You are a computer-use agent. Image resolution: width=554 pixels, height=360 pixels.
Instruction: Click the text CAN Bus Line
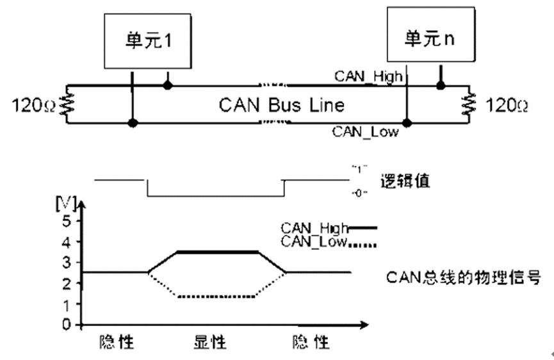coord(282,104)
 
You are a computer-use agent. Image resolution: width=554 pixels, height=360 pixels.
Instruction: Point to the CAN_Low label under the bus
coord(365,132)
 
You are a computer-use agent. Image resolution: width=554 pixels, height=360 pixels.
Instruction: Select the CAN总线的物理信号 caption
coord(464,277)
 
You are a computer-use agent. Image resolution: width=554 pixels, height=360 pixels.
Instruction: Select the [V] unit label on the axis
coord(66,204)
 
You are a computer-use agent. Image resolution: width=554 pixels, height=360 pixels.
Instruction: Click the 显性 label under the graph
coord(210,343)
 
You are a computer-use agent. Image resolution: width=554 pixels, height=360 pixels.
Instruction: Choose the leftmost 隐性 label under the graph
coord(117,343)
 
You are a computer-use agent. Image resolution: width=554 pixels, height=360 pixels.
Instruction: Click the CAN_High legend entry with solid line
coord(329,227)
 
